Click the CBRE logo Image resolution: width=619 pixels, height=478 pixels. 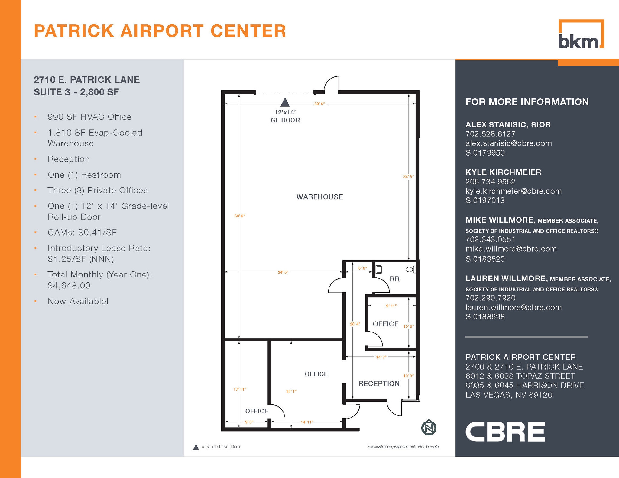tap(505, 432)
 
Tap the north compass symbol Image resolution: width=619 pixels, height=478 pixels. tap(429, 427)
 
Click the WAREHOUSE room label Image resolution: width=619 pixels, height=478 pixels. tap(319, 197)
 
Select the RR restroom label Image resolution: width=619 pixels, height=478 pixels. tap(394, 279)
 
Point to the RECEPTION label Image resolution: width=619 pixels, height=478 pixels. tap(379, 383)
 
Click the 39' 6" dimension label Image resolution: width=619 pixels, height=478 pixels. tap(319, 104)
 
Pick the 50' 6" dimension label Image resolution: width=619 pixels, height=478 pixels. tap(239, 216)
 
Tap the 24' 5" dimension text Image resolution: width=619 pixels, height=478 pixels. tap(283, 272)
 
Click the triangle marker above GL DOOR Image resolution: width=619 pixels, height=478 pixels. tap(285, 103)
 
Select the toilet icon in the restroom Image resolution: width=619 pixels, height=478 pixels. tap(410, 269)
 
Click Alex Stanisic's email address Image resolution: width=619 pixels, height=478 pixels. tap(508, 143)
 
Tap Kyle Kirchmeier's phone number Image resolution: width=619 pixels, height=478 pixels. tap(490, 181)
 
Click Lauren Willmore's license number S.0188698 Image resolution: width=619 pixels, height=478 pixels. tap(485, 316)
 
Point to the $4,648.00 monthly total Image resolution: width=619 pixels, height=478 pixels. tap(69, 285)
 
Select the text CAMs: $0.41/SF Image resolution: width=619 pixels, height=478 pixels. tap(82, 232)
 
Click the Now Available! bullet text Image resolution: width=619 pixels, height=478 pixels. tap(78, 301)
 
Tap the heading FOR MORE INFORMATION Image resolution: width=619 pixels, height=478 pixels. tap(527, 102)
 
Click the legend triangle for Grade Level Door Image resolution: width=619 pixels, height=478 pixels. tap(196, 447)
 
